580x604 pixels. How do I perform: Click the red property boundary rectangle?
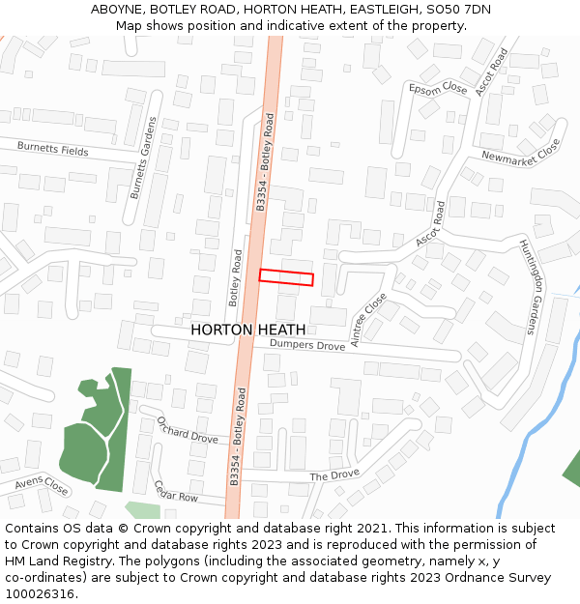tap(286, 277)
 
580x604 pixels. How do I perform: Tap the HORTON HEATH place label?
tap(248, 330)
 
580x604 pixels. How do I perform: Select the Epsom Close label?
tap(438, 89)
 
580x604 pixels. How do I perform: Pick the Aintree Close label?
tap(368, 319)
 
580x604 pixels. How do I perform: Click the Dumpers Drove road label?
tap(307, 345)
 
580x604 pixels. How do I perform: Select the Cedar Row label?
tap(175, 491)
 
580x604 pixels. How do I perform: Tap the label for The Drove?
tap(334, 475)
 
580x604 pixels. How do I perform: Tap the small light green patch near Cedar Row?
tap(142, 509)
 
